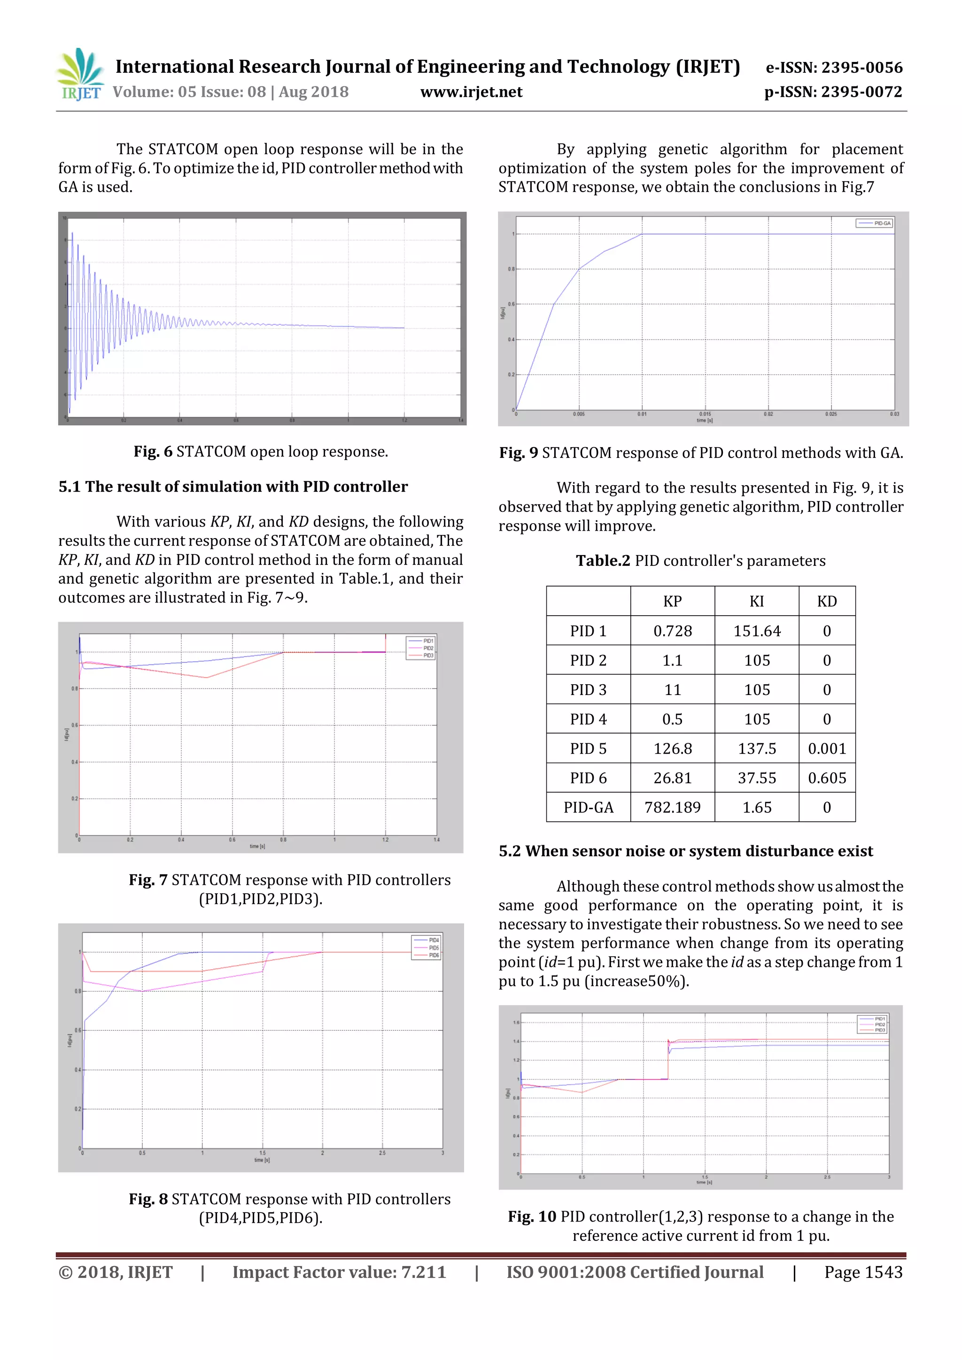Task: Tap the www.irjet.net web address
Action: coord(471,92)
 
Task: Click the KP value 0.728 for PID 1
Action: coord(672,631)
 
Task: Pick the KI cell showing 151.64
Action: coord(756,631)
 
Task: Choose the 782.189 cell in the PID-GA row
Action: coord(672,807)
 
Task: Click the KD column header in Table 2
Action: coord(826,601)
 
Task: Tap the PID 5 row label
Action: coord(588,749)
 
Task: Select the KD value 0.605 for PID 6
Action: coord(826,778)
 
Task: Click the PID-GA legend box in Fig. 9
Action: coord(874,224)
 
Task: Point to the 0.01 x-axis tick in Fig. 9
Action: coord(642,414)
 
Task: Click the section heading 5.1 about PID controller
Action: coord(233,487)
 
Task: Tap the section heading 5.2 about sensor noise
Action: coord(685,851)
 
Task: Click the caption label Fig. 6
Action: coord(153,452)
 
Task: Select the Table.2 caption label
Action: coord(603,561)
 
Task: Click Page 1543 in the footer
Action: coord(863,1272)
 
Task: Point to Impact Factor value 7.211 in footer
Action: coord(339,1272)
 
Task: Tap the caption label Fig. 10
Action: coord(531,1217)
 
